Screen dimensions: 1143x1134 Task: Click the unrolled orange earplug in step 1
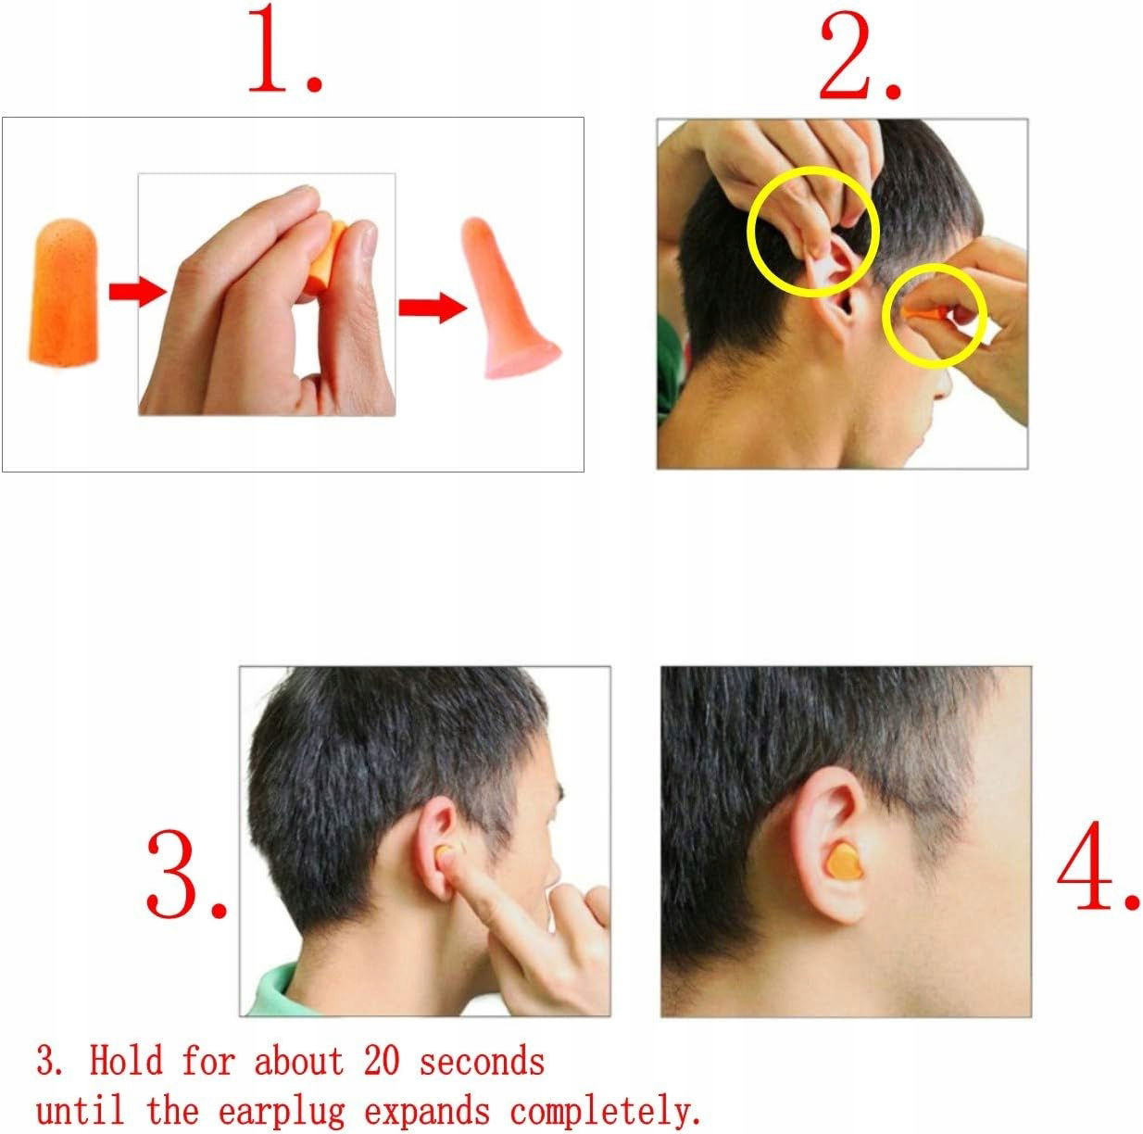pos(62,292)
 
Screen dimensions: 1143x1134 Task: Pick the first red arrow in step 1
pos(138,291)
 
